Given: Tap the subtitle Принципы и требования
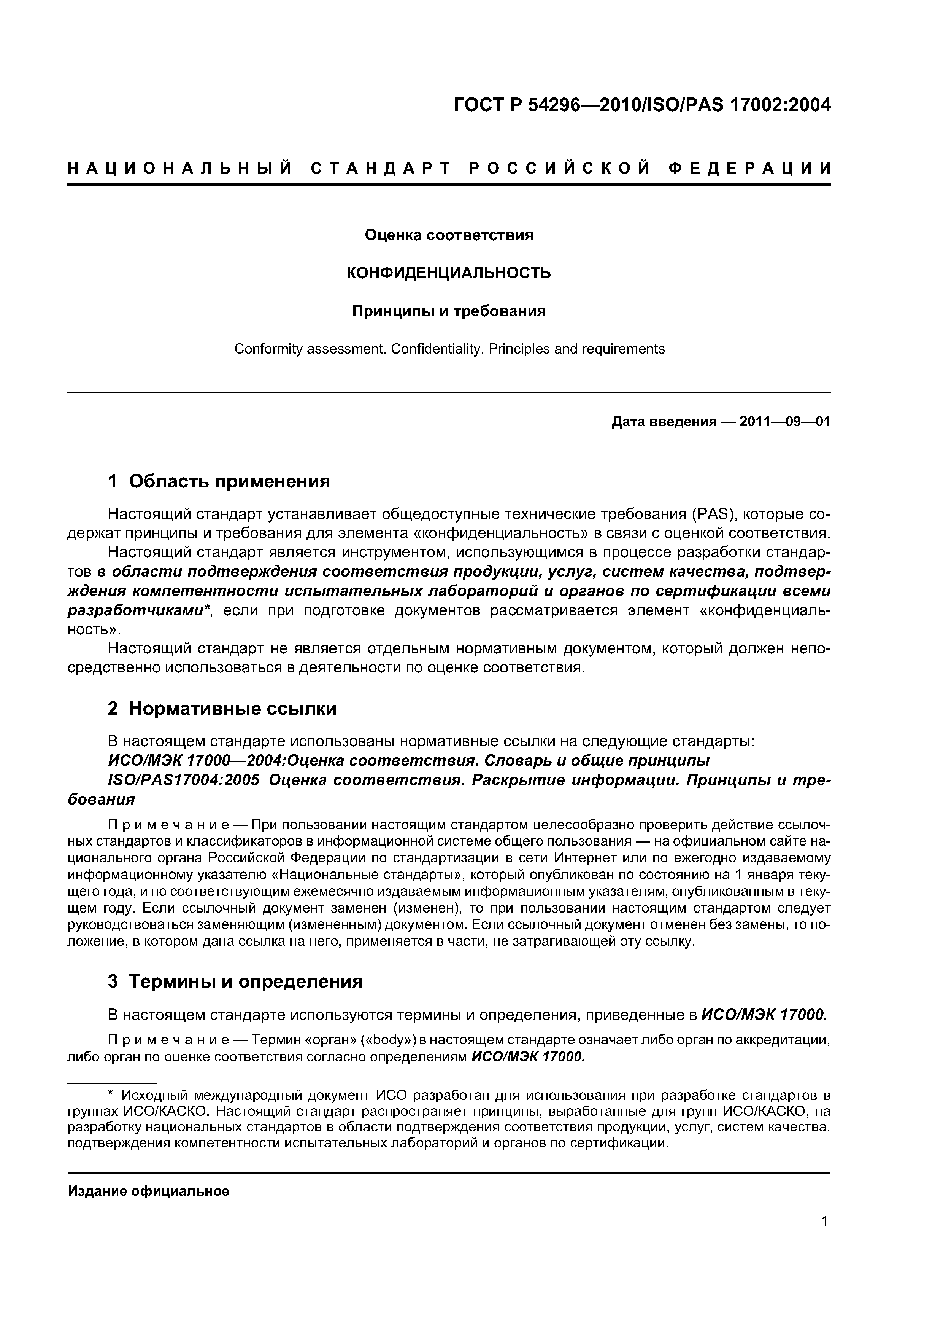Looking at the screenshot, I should coord(449,311).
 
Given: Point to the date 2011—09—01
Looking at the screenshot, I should coord(785,422).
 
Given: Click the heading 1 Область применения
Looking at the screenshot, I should coord(219,481).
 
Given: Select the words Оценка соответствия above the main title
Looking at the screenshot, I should coord(449,235).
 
